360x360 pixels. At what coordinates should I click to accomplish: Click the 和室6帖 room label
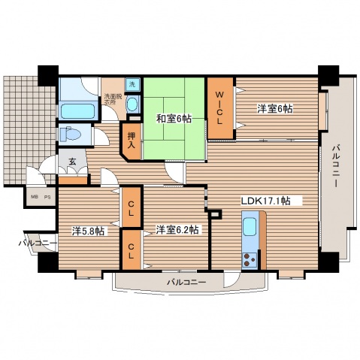(x=174, y=118)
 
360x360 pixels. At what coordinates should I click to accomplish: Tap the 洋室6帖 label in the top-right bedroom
(x=274, y=108)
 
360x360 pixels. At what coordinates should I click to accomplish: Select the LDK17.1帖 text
(x=271, y=201)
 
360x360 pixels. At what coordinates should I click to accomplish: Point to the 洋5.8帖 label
(x=89, y=231)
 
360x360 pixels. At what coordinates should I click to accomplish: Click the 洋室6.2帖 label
(x=177, y=229)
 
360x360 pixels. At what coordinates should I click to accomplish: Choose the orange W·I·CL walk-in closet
(x=220, y=108)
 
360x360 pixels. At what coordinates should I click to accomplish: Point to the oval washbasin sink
(x=132, y=106)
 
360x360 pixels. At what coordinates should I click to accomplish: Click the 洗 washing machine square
(x=132, y=85)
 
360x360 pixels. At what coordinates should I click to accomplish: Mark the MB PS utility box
(x=40, y=197)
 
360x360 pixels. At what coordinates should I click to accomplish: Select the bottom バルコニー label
(x=186, y=281)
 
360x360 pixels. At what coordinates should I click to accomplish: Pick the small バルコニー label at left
(x=35, y=244)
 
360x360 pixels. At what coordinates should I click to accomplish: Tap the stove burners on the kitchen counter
(x=249, y=261)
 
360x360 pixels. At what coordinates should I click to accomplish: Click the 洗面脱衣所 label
(x=113, y=98)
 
